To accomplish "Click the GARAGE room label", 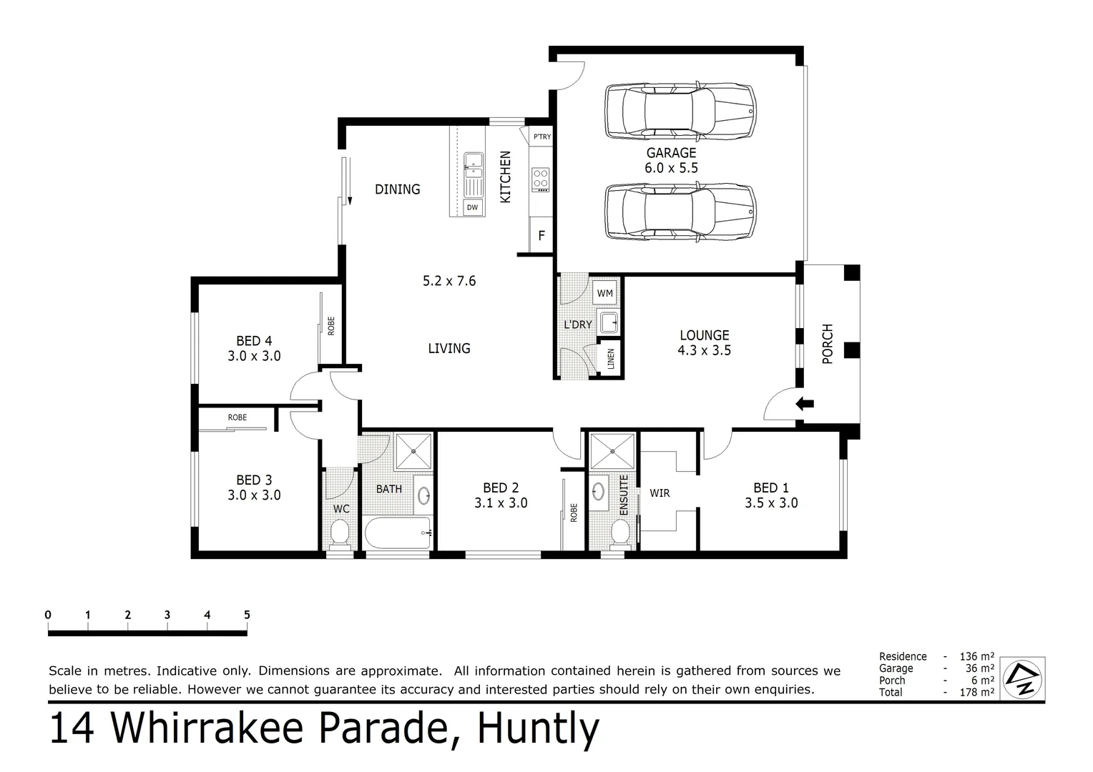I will [x=671, y=153].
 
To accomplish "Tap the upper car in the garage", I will [x=679, y=112].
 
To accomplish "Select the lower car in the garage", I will [x=679, y=212].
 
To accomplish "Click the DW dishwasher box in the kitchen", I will [x=472, y=208].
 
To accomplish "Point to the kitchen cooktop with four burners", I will [x=541, y=179].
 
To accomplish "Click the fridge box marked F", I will [x=541, y=235].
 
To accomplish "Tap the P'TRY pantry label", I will [x=541, y=137].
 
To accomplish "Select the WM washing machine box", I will [x=604, y=293].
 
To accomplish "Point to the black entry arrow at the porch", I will [x=805, y=404].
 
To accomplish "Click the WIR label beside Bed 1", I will [x=660, y=493].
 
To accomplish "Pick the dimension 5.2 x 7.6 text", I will [x=449, y=281].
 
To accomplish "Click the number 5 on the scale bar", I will [x=247, y=615].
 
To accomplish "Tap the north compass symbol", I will [x=1022, y=678].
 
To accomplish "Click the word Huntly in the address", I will [x=538, y=729].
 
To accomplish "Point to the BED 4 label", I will [x=254, y=341].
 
